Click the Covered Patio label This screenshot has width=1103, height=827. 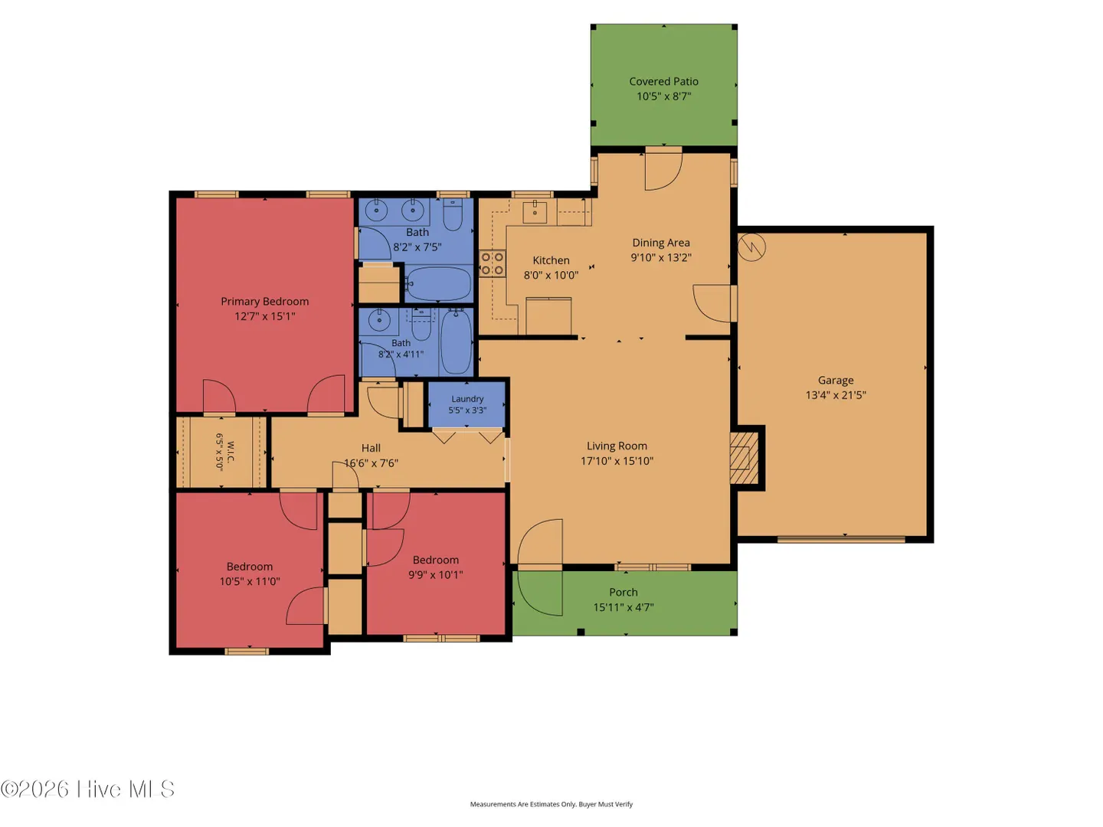[663, 81]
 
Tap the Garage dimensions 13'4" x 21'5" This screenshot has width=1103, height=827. [836, 395]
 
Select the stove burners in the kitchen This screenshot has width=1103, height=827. [492, 263]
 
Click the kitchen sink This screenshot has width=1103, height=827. [535, 211]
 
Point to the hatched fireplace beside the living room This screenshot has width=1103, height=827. [744, 457]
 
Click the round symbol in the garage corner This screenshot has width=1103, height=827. [751, 247]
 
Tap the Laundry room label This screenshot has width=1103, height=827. [467, 399]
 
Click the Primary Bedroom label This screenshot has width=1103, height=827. [265, 301]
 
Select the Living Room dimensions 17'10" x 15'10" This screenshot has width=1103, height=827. [617, 461]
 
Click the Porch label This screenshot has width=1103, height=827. [624, 593]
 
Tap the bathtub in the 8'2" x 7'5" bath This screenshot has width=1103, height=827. [438, 283]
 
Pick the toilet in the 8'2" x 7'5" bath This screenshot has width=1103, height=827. [453, 214]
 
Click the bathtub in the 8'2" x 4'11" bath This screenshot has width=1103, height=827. [457, 342]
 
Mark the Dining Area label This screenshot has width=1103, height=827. [661, 243]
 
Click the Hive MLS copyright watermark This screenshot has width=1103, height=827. [87, 789]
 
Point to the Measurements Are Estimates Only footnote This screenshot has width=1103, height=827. [551, 804]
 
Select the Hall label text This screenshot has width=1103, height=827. [371, 448]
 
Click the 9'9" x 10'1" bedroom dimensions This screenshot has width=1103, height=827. [436, 575]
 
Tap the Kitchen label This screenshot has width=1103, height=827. [551, 260]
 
